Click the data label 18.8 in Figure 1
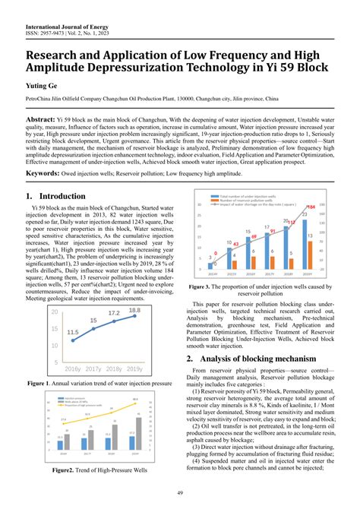click(x=134, y=289)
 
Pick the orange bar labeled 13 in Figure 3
click(x=312, y=246)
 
